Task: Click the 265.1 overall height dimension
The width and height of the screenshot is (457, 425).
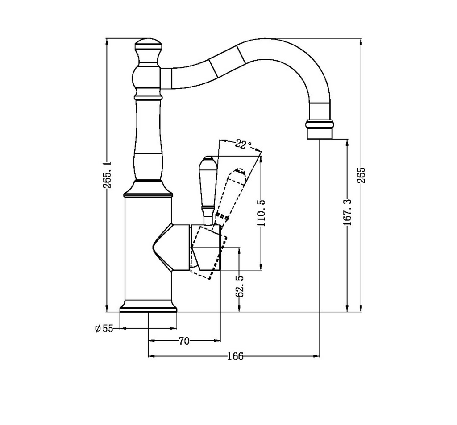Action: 107,175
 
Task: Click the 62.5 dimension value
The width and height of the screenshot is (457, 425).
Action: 240,286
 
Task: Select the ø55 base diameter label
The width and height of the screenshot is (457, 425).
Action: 104,329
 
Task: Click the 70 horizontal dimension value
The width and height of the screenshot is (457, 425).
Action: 184,342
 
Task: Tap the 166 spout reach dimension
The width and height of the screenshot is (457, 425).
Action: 235,356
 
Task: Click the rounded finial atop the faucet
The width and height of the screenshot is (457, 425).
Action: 148,45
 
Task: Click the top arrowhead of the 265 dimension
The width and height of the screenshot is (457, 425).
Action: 361,41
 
